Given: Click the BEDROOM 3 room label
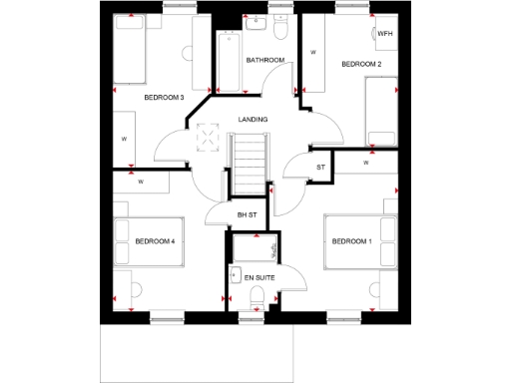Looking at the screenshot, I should click(x=164, y=97).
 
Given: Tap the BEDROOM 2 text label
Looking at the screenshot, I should click(x=361, y=65).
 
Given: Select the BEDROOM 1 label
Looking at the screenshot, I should click(x=351, y=240).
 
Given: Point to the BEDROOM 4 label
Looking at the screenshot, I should click(x=155, y=240).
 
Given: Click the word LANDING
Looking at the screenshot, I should click(x=253, y=120).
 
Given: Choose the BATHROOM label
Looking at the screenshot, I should click(x=266, y=60).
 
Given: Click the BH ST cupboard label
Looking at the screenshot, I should click(x=247, y=214).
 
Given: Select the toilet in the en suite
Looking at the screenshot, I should click(x=257, y=296).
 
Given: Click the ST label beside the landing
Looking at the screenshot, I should click(x=320, y=167).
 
